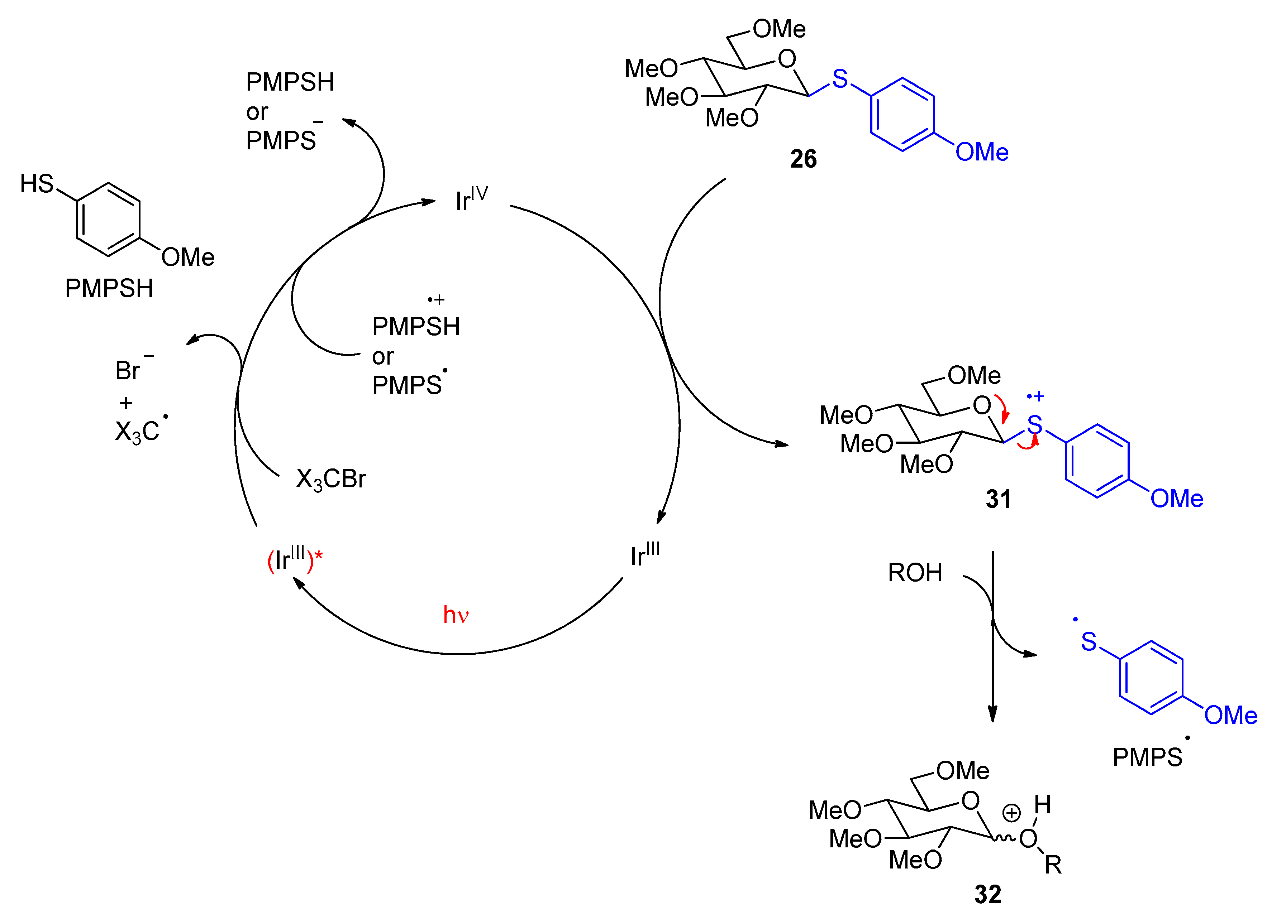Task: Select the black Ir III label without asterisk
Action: pos(645,555)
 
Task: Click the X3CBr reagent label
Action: pos(331,479)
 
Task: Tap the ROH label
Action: pos(915,573)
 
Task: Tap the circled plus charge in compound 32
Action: pos(1011,813)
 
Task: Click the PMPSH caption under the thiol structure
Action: pos(109,289)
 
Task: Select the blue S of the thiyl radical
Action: pos(1089,641)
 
